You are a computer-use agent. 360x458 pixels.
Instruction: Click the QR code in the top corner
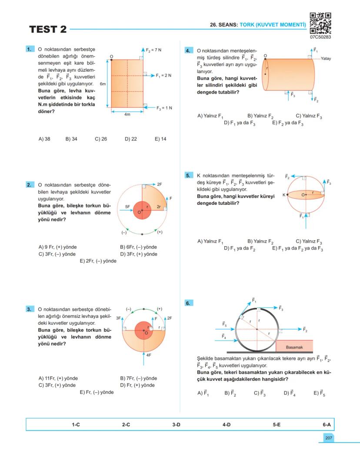tap(320, 23)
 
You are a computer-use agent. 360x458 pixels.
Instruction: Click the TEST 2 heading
tap(48, 30)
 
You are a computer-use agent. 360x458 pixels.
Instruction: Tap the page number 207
tap(328, 438)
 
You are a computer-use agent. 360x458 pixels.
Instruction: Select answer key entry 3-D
tap(176, 425)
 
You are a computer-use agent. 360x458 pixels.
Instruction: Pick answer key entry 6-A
tap(327, 425)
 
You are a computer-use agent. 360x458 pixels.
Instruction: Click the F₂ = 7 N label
tap(153, 50)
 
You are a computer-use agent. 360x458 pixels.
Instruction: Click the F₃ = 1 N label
tap(164, 108)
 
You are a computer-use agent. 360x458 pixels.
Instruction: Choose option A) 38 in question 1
tap(44, 139)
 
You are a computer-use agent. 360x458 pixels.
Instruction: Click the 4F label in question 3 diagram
tap(148, 355)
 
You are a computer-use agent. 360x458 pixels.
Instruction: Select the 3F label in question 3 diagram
tap(118, 318)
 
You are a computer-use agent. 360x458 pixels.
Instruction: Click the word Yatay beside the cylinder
tap(326, 59)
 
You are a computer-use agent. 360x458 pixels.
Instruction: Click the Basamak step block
tap(294, 347)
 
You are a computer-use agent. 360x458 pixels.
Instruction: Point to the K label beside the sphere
tap(284, 195)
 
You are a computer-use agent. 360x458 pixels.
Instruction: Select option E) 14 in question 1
tap(160, 139)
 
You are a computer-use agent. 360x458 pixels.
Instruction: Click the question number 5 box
tap(188, 176)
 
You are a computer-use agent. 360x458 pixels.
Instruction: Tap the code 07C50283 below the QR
tap(320, 37)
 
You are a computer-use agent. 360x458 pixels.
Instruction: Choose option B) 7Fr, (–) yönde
tap(138, 378)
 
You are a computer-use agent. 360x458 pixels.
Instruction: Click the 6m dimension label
tap(103, 84)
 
